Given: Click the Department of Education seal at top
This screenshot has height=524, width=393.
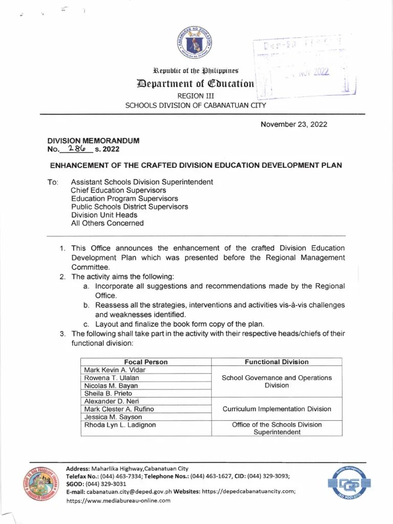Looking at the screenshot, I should [196, 43].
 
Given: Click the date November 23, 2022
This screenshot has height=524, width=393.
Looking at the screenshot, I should [294, 124].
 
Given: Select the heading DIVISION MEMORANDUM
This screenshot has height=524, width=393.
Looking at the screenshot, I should [93, 141].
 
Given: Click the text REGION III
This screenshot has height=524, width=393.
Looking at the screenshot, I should [195, 96].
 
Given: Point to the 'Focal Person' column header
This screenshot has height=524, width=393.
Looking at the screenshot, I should [146, 362].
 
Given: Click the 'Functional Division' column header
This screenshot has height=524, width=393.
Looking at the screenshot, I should [276, 362].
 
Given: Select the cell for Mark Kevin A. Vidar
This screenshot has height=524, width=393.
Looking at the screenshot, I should [115, 370].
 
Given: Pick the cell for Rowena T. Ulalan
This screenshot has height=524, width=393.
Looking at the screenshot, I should [112, 378].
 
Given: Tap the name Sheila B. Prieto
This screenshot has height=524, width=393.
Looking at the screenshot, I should [108, 394].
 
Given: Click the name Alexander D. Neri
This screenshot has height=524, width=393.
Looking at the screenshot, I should [112, 401].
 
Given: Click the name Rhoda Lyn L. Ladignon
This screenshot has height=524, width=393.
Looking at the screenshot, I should [120, 425].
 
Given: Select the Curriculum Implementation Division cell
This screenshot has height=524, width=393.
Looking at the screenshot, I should [276, 409].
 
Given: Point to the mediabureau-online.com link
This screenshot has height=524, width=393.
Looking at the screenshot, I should [118, 500].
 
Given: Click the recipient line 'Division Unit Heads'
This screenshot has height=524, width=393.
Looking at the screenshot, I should [104, 215].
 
